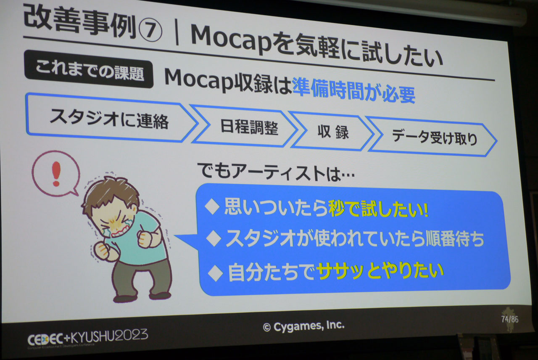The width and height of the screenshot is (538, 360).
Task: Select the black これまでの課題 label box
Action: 89,69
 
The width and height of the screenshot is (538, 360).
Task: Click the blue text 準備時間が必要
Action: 354,91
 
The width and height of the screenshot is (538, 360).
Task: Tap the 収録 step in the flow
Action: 332,132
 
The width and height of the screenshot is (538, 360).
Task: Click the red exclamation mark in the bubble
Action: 56,173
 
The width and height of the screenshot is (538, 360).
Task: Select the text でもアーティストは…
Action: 276,172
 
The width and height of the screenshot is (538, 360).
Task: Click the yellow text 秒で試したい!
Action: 378,209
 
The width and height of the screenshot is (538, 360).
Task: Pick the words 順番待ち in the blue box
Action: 454,239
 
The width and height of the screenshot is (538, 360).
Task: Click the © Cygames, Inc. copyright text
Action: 303,326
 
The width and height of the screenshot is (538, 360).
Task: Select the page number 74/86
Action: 509,319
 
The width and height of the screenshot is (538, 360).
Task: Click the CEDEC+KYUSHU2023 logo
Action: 87,338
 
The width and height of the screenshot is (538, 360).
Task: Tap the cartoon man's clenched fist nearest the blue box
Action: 145,239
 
